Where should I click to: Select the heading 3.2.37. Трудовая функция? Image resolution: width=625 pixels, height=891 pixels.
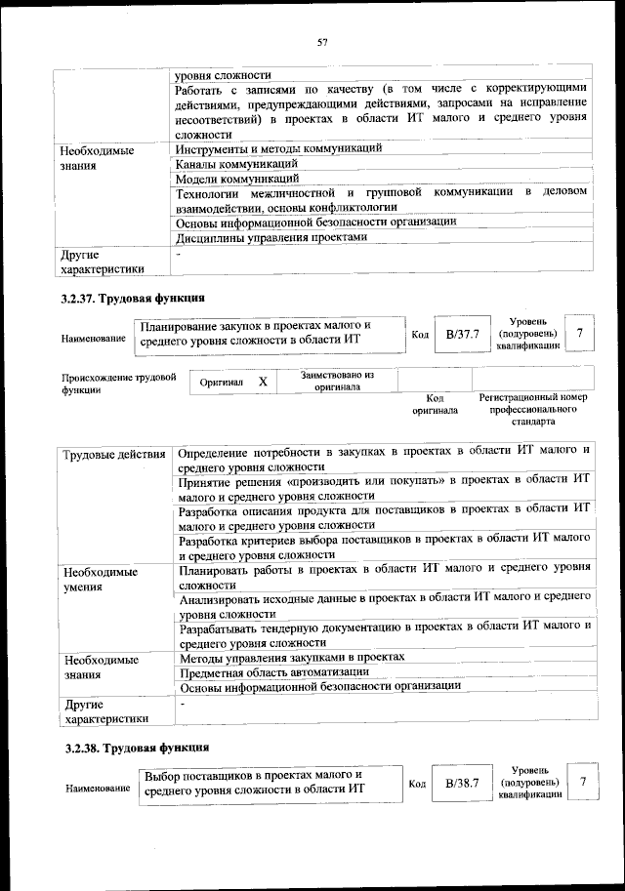[x=133, y=299]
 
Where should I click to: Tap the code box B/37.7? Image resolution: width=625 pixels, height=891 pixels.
[x=461, y=335]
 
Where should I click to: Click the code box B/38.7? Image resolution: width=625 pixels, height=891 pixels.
[x=462, y=783]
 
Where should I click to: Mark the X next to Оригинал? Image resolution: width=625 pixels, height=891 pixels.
[x=263, y=382]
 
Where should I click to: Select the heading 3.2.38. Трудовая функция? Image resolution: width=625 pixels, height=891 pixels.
[x=133, y=748]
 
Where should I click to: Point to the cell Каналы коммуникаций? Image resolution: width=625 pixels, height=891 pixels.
[x=236, y=164]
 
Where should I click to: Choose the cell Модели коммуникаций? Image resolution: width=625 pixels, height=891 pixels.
[x=236, y=179]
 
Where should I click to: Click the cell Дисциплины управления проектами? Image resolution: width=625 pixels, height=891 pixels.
[x=271, y=236]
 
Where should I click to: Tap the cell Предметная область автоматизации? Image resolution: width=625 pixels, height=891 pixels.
[x=274, y=671]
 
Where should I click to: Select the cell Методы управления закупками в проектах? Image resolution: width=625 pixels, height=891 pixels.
[x=292, y=657]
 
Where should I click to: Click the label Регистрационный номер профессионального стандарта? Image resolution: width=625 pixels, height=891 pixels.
[x=532, y=410]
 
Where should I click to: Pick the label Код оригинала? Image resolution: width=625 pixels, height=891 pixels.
[x=435, y=404]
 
